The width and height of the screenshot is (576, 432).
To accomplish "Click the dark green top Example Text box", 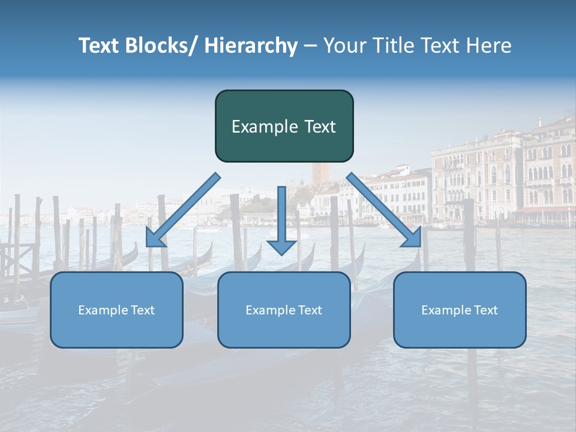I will click(284, 126).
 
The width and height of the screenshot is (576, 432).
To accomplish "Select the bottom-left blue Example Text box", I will click(116, 310).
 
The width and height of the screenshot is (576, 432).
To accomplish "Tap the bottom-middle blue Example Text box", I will click(284, 310).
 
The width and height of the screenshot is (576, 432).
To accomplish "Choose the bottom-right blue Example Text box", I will click(460, 310).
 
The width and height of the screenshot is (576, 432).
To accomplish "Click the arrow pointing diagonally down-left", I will click(183, 210).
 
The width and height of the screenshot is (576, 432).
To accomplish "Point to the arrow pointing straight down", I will click(281, 219).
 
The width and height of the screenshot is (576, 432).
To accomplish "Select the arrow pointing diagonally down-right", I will click(384, 210).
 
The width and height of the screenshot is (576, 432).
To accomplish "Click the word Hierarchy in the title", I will click(251, 46).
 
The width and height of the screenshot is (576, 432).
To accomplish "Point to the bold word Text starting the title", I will click(100, 46).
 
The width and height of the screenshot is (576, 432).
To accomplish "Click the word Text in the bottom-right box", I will click(485, 310).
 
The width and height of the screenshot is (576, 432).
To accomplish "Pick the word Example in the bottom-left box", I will click(103, 310).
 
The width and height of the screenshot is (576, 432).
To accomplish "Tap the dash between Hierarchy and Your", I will click(310, 46).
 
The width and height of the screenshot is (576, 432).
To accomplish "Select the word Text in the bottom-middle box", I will click(310, 310).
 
